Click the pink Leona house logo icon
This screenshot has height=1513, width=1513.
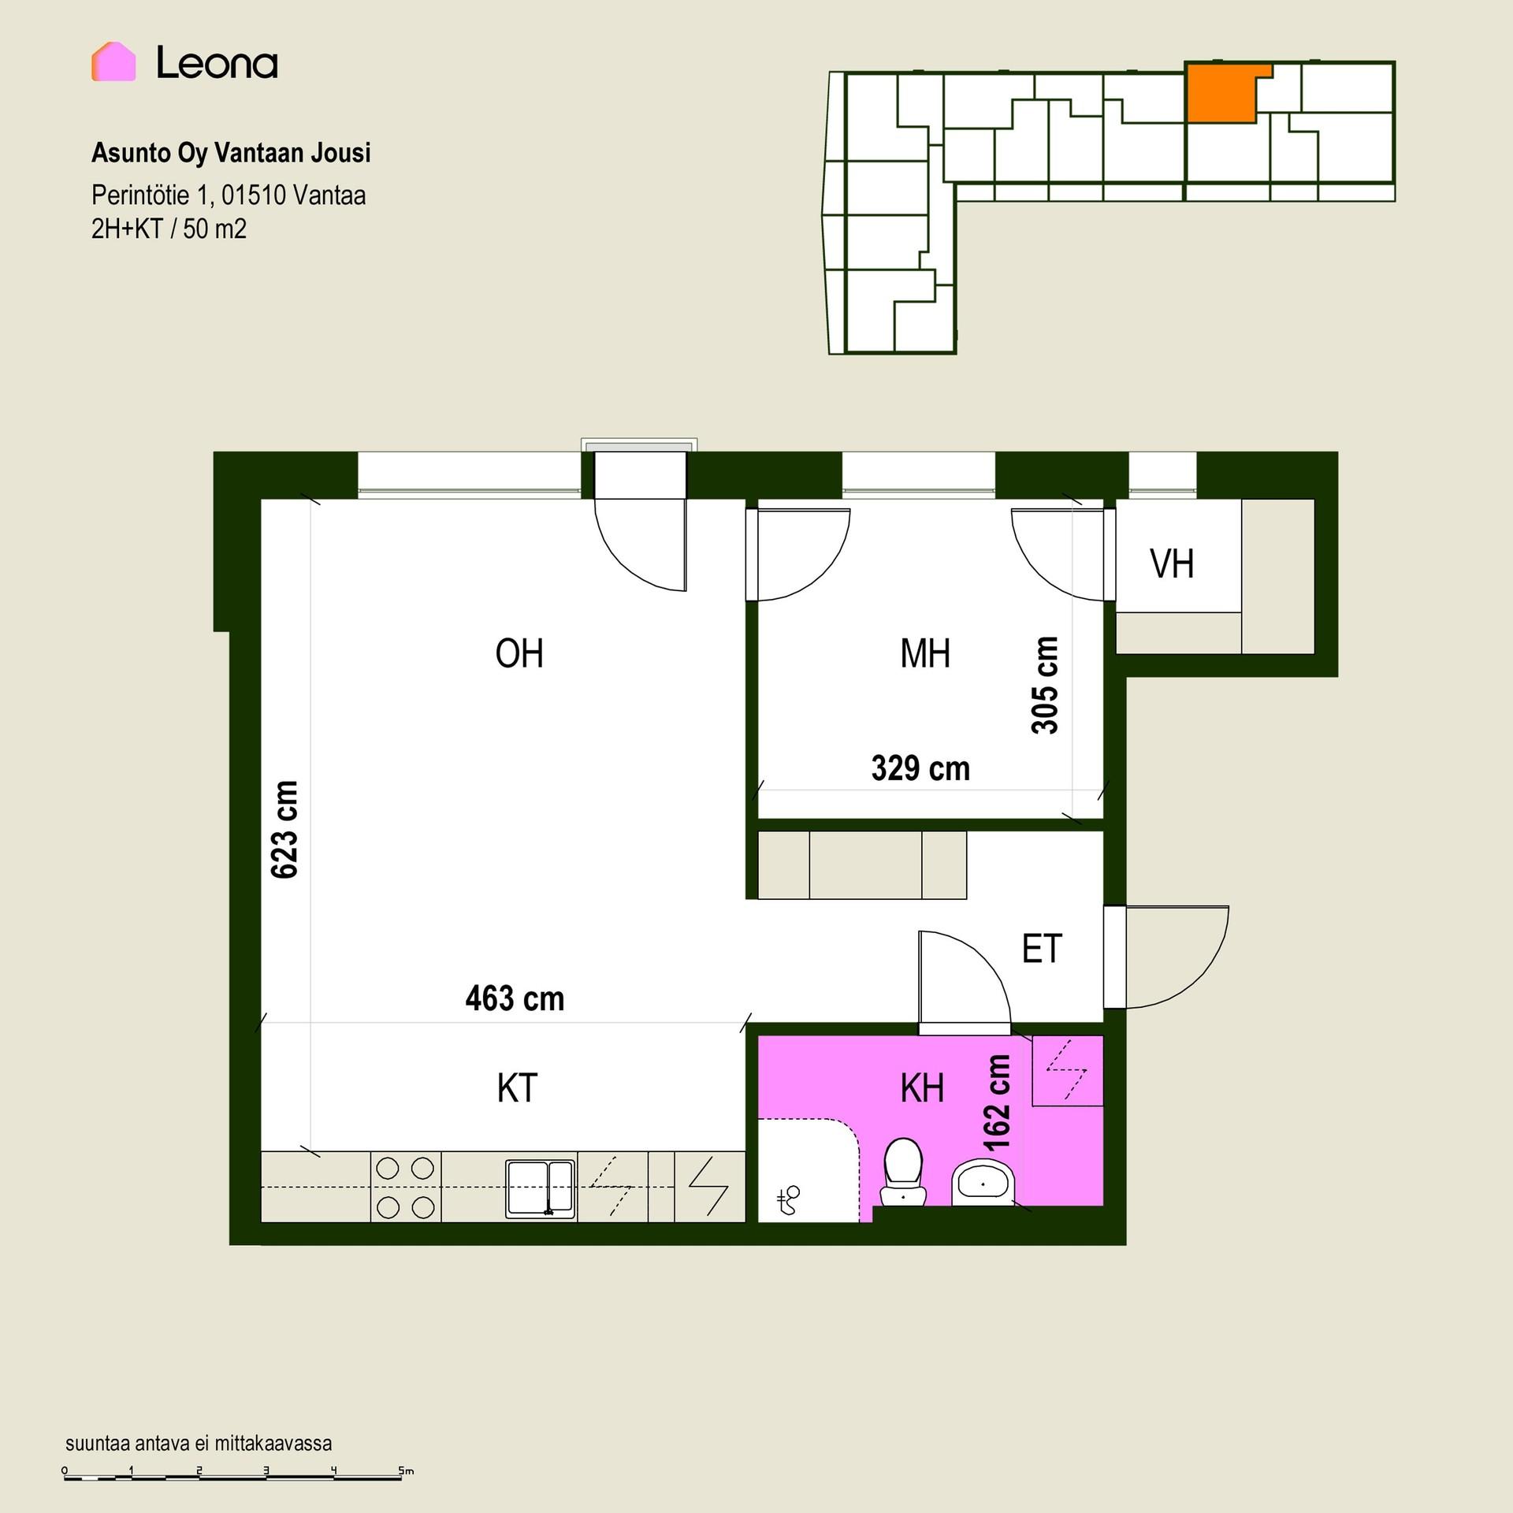point(113,61)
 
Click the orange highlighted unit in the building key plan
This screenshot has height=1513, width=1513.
point(1221,92)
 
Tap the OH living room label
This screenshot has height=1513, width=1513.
point(519,653)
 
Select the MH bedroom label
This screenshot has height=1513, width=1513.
point(925,653)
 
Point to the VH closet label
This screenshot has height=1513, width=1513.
point(1172,564)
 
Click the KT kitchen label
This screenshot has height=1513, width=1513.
point(517,1088)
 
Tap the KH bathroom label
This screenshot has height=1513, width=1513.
point(922,1088)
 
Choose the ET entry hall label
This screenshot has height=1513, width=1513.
point(1042,949)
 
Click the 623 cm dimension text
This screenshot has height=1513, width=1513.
point(284,829)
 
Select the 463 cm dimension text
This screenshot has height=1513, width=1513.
point(515,999)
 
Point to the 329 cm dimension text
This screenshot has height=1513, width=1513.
point(920,768)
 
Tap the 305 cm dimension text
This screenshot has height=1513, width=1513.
point(1045,686)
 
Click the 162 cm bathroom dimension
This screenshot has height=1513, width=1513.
point(997,1103)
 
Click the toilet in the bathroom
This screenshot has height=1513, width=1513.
point(903,1171)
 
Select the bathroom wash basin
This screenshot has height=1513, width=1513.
point(983,1182)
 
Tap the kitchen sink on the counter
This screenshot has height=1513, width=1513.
point(541,1188)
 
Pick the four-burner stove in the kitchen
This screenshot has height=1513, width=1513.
point(406,1188)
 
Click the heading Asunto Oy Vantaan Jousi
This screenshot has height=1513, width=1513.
point(231,153)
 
